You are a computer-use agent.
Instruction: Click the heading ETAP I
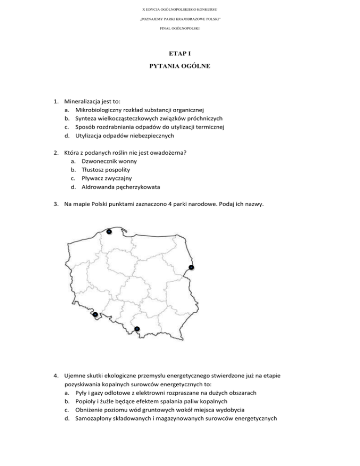point(180,54)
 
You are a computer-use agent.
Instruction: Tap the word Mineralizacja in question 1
point(82,100)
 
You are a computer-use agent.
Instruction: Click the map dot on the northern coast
point(108,232)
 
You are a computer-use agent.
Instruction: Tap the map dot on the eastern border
point(191,267)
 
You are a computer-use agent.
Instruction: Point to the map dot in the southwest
point(95,314)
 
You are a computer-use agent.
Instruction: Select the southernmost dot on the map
point(136,329)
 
